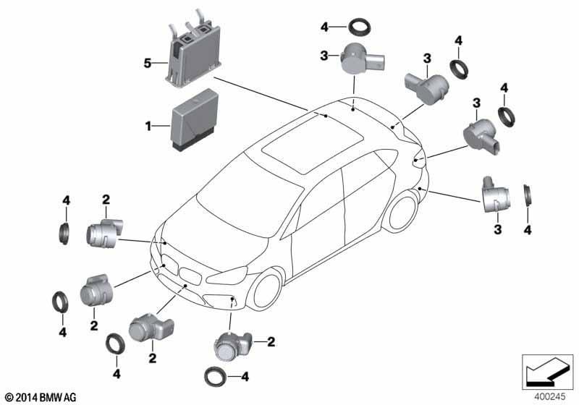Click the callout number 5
(x=148, y=64)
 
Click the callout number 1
(x=148, y=127)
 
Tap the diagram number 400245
(x=550, y=397)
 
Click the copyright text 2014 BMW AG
(x=41, y=397)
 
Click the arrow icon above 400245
(x=547, y=372)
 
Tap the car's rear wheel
(x=402, y=213)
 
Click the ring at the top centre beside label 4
(x=360, y=28)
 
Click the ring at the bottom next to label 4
(x=216, y=377)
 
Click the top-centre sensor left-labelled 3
(x=363, y=59)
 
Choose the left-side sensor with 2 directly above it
(x=104, y=232)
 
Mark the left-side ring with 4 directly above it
(x=64, y=233)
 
